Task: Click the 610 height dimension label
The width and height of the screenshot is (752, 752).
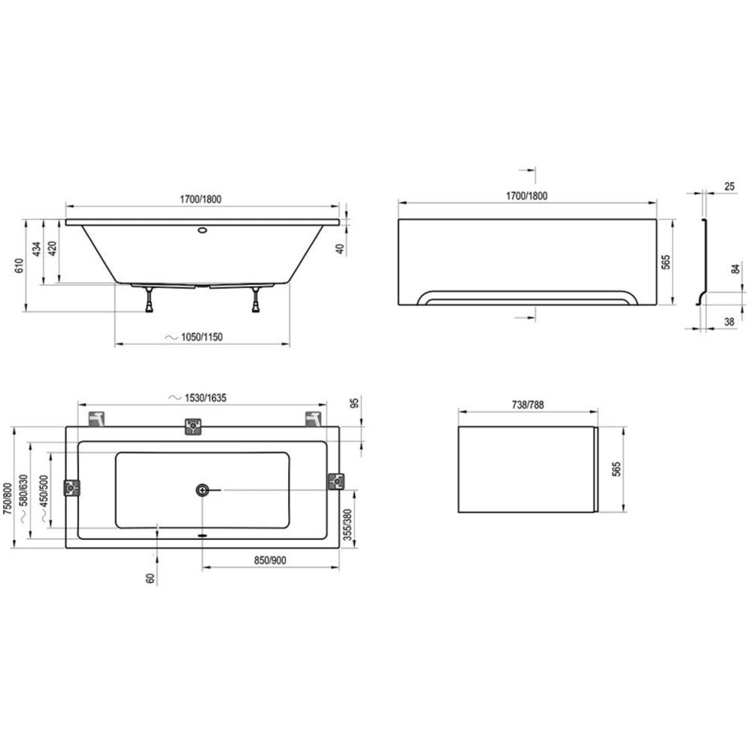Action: [x=20, y=265]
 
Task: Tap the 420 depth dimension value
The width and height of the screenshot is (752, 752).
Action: [x=53, y=248]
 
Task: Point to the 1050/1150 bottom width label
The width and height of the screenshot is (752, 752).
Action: [x=202, y=337]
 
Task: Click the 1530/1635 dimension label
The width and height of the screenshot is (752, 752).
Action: [x=205, y=398]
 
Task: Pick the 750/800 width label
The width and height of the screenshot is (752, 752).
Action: [x=8, y=499]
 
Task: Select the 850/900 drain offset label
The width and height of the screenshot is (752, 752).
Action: [x=270, y=560]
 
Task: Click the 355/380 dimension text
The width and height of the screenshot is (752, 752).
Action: [x=349, y=525]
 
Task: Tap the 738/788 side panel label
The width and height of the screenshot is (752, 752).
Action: [x=528, y=405]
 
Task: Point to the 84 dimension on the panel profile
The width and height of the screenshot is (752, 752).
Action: [x=736, y=269]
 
